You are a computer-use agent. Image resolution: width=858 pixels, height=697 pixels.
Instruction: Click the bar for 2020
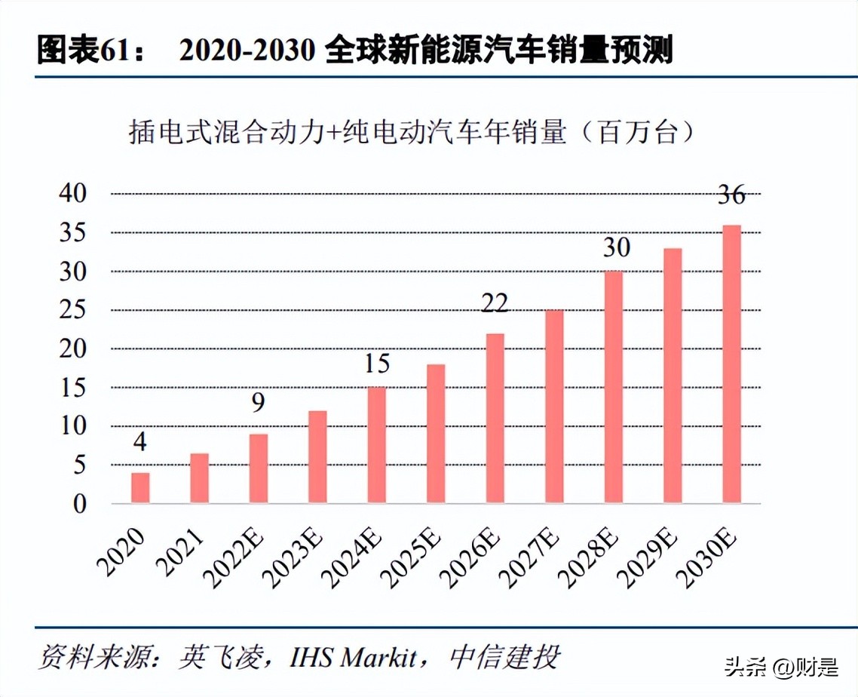[140, 488]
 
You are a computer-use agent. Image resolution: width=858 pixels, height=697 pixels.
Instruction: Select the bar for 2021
[199, 478]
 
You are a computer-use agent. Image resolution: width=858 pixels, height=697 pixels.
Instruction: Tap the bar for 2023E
[317, 457]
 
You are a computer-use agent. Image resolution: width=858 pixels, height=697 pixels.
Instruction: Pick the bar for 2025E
[436, 434]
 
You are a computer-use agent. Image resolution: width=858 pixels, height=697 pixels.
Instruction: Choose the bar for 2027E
[554, 407]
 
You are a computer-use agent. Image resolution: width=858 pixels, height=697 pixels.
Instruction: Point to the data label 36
[731, 195]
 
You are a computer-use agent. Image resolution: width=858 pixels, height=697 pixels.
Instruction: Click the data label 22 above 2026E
[495, 303]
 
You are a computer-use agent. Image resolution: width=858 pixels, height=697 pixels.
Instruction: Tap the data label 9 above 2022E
[258, 404]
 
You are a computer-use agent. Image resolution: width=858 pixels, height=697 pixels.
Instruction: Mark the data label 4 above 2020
[140, 442]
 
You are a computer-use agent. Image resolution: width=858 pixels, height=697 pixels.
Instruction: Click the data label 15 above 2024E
[376, 364]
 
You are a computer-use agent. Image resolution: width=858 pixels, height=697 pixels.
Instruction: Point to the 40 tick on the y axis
[73, 194]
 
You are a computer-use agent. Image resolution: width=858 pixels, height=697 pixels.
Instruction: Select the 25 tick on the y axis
[73, 310]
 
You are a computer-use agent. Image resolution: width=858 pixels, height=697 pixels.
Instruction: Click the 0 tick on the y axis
[80, 504]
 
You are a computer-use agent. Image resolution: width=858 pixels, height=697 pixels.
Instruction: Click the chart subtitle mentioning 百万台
[411, 134]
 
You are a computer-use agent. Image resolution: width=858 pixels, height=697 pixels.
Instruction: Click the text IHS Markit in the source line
[354, 656]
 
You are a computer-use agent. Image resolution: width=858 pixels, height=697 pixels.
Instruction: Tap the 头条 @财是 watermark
[780, 667]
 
